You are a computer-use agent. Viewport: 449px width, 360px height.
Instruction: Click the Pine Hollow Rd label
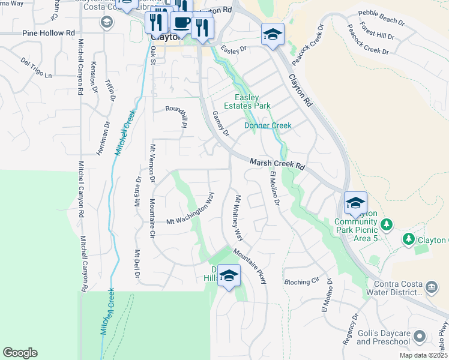tap(49, 33)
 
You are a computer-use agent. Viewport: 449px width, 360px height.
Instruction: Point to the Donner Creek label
tap(268, 125)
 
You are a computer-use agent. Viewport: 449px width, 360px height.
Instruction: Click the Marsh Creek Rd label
tap(277, 164)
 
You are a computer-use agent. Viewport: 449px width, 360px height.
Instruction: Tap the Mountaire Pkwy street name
tap(250, 266)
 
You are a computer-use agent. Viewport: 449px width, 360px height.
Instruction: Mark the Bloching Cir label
tap(301, 281)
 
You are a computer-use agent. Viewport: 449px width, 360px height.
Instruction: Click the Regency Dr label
tap(350, 328)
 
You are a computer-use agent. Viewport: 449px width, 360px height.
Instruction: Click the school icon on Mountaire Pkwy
tap(228, 275)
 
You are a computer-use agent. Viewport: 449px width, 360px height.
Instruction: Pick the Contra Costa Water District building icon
tap(431, 288)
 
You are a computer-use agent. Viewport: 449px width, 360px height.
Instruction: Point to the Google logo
tap(20, 353)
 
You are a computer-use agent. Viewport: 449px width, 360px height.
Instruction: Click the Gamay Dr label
tap(220, 124)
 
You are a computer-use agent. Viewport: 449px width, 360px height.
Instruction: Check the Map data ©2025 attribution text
tap(424, 355)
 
